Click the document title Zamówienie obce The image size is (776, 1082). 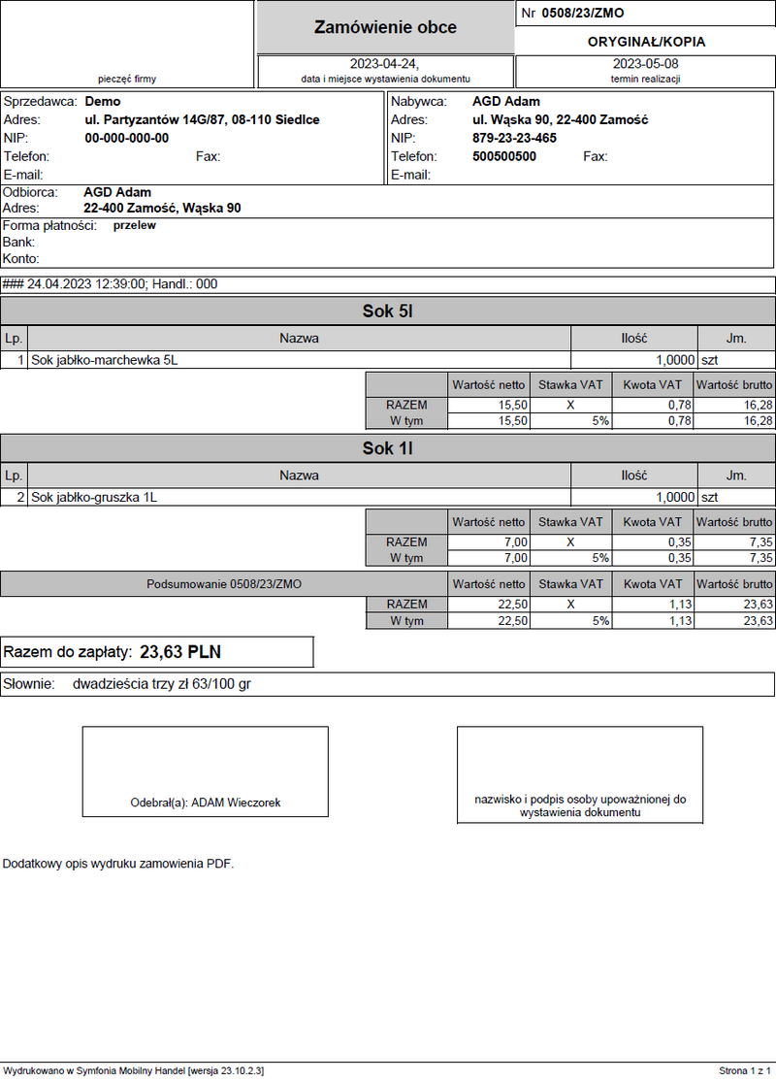click(385, 28)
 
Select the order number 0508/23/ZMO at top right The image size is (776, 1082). click(582, 14)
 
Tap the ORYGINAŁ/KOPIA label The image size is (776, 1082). click(646, 42)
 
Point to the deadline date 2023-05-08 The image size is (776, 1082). click(645, 63)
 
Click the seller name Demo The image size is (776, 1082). click(103, 101)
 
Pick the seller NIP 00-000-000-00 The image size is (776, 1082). click(126, 138)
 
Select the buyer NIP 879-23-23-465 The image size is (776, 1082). click(514, 138)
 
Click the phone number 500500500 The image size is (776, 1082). click(504, 156)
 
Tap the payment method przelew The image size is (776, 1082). click(134, 225)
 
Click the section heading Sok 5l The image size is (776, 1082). click(388, 311)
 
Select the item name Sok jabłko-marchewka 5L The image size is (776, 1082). click(105, 360)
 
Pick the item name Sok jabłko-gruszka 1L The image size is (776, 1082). click(94, 497)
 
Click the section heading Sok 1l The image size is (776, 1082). click(388, 448)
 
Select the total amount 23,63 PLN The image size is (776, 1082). click(187, 652)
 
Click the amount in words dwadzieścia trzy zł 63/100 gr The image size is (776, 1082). click(162, 684)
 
